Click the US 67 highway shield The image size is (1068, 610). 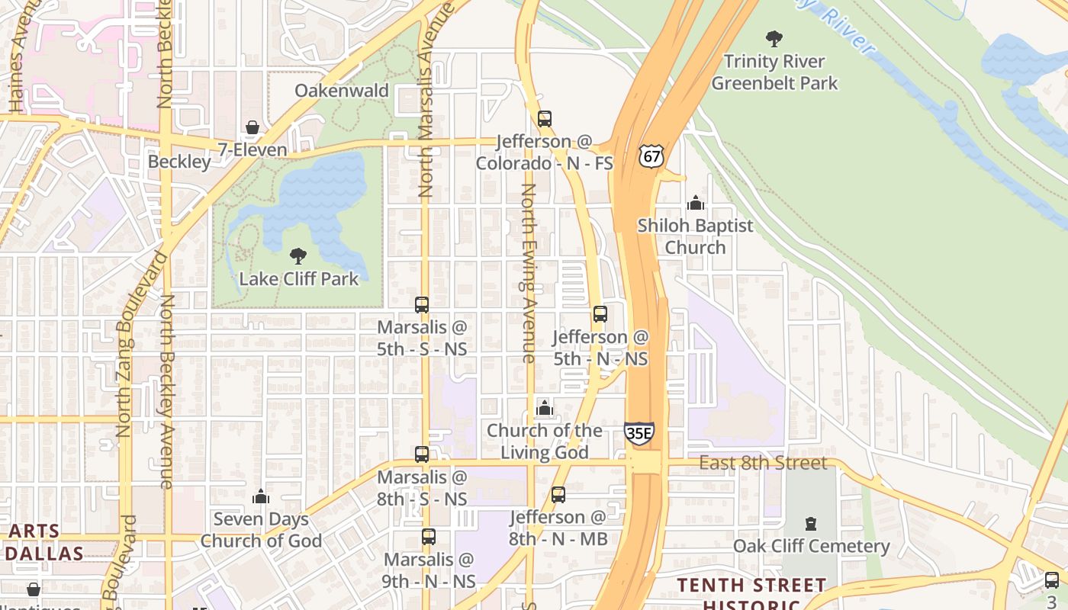click(651, 156)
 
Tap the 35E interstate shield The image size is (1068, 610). click(639, 433)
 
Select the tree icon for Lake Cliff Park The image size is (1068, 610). click(298, 256)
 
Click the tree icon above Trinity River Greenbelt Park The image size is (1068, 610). click(774, 38)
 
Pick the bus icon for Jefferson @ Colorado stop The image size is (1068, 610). click(544, 119)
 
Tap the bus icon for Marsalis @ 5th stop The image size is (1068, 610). click(422, 305)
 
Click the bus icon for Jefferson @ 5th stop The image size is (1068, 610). click(600, 314)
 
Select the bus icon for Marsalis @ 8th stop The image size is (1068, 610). click(422, 454)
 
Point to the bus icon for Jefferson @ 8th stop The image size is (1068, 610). click(558, 495)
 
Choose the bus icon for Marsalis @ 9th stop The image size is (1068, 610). click(429, 537)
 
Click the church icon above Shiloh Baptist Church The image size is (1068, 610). click(695, 203)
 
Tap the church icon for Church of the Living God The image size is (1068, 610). click(544, 408)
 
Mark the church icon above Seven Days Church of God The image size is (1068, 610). click(261, 496)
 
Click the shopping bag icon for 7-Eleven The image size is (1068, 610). click(253, 127)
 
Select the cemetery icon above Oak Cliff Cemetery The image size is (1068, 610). click(811, 524)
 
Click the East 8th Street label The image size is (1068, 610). click(763, 463)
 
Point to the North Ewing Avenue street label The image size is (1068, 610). click(529, 273)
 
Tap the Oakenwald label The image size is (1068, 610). click(342, 91)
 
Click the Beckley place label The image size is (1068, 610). click(179, 162)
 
